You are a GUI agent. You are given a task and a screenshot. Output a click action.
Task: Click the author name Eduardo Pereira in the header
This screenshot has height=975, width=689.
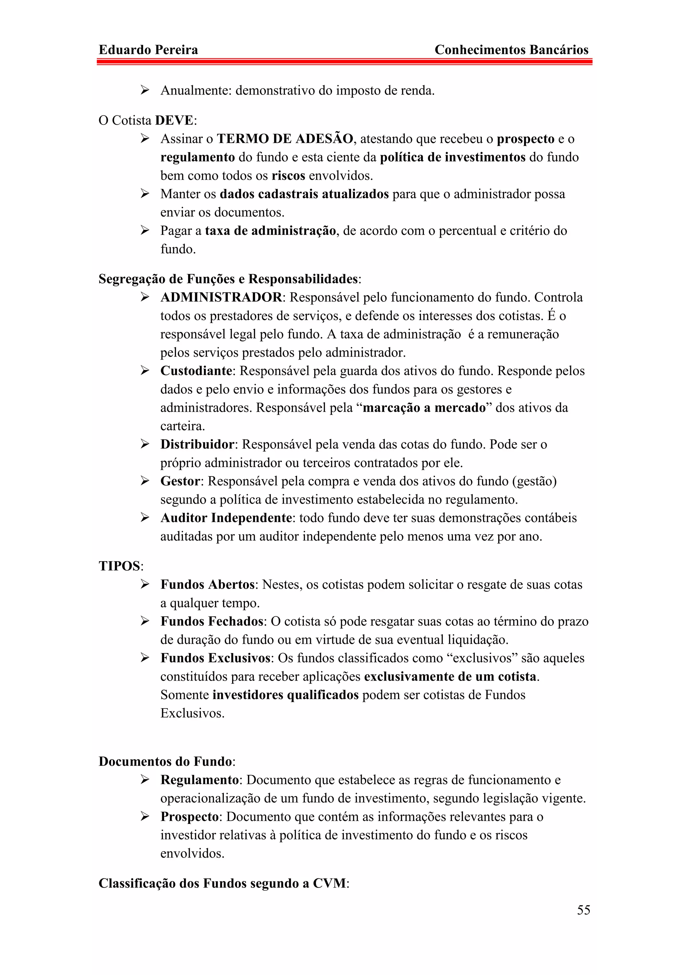coord(148,50)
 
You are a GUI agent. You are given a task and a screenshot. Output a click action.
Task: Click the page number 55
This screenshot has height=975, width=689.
coord(583,910)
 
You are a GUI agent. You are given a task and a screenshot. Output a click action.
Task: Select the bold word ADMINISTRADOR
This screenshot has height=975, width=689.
coord(221,297)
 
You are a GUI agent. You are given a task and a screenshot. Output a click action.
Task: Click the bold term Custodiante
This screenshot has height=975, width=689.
coord(196,371)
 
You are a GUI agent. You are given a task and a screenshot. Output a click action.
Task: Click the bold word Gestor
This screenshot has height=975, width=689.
coord(180,481)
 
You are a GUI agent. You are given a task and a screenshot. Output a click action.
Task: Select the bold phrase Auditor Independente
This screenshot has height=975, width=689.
coord(226,518)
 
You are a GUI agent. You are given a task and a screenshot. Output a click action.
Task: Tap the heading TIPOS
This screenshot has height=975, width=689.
coord(119,566)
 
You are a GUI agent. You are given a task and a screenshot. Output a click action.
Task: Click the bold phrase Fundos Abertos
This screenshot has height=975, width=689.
coord(207,584)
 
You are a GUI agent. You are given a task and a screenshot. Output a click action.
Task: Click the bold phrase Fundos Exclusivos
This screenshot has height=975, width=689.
coord(216,658)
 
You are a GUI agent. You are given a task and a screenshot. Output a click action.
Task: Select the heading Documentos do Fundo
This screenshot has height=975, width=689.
coord(165,761)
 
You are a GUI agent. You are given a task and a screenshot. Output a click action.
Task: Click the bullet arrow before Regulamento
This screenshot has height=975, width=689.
coord(145,780)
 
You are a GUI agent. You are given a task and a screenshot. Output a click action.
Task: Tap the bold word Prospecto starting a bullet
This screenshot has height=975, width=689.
coord(189,817)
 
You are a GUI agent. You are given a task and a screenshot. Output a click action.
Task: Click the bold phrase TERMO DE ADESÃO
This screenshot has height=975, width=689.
coord(285,139)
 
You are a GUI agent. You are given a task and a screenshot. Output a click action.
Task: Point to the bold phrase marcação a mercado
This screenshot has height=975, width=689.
coord(424,408)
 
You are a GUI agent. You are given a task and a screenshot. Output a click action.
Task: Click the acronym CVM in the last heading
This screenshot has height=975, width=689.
coord(329,883)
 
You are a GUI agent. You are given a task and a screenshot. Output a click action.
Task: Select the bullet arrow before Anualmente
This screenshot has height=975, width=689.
coord(145,91)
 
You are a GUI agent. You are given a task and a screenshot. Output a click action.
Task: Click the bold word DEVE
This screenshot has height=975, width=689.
coord(174,120)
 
